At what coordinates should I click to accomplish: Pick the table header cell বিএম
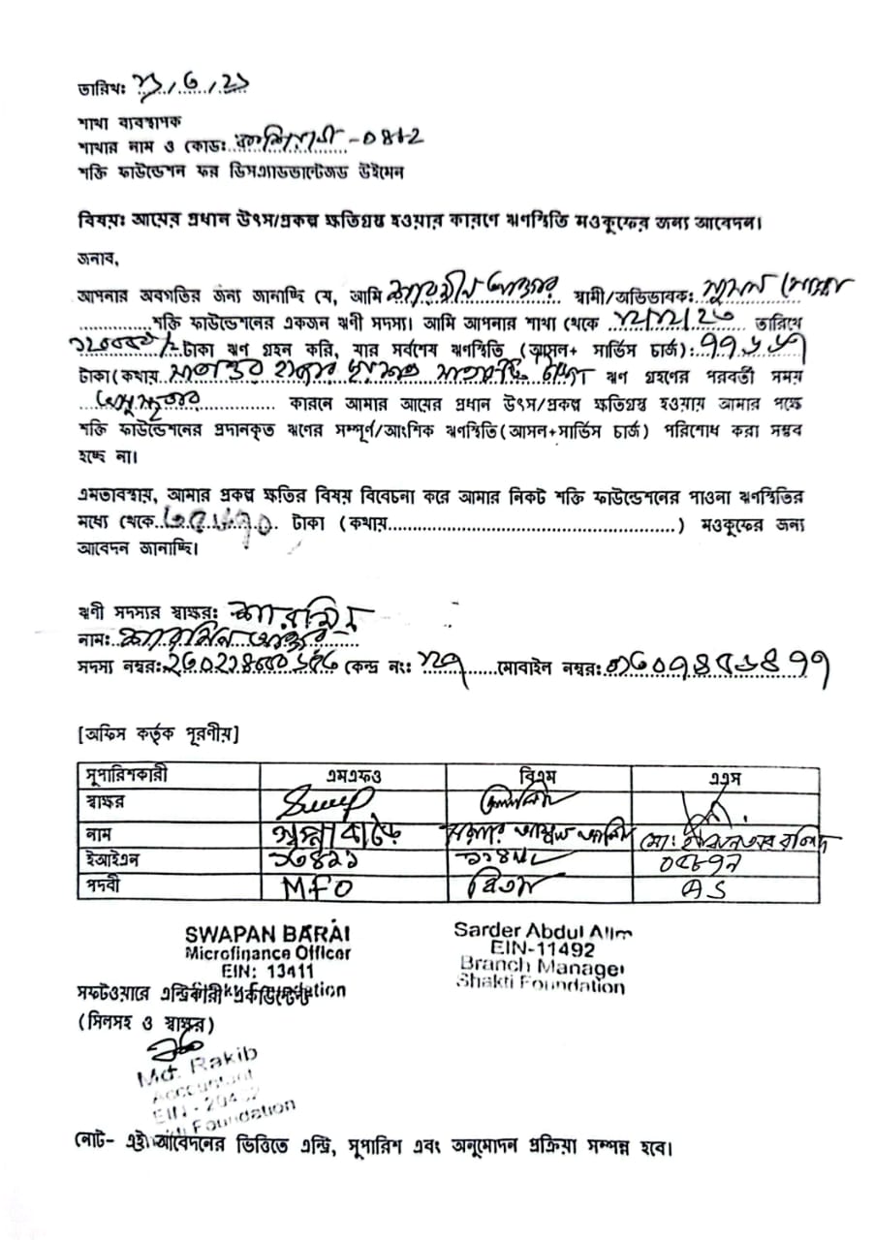[539, 777]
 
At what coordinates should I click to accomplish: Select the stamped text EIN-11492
[542, 949]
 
